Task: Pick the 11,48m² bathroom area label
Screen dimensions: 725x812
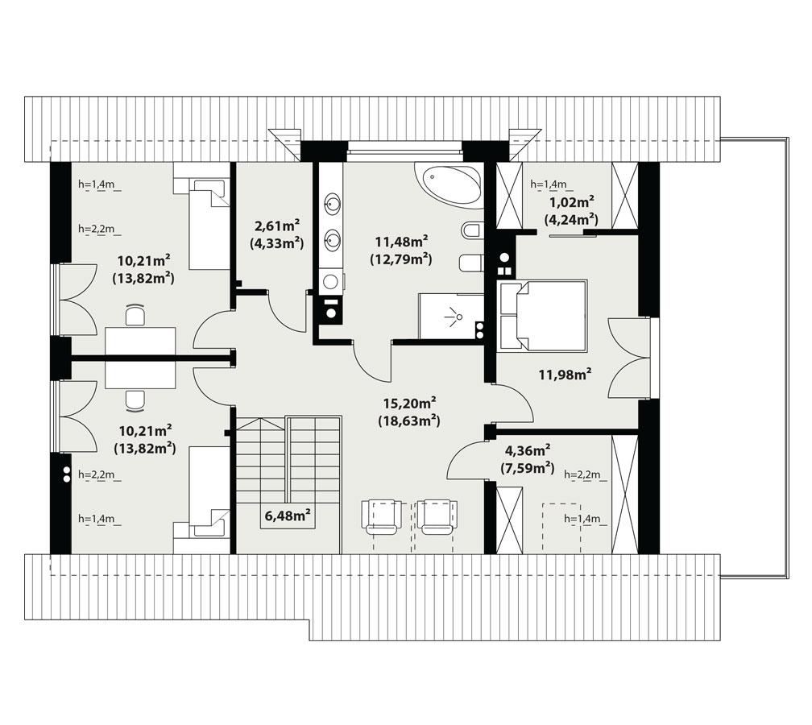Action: (400, 242)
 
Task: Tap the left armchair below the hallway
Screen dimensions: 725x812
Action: (382, 516)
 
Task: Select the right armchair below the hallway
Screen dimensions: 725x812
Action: (437, 516)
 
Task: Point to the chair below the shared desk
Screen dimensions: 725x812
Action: (135, 399)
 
